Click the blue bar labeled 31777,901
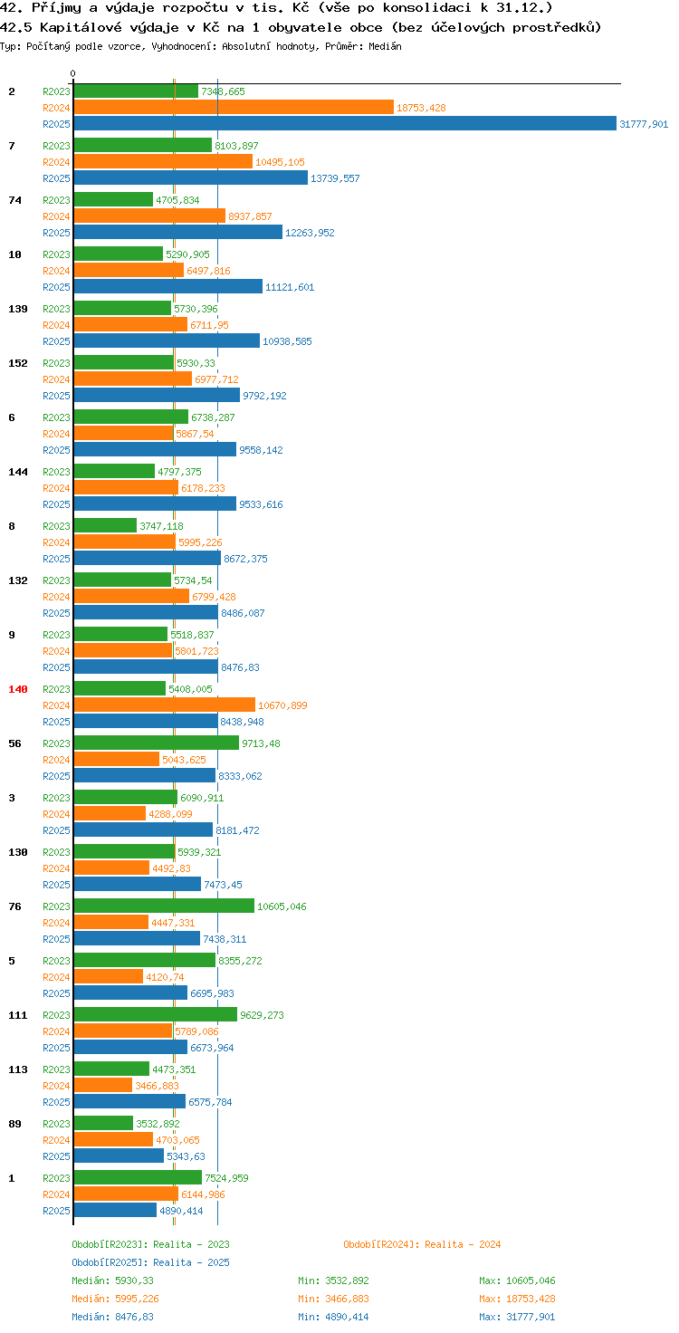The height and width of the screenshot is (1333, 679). coord(345,124)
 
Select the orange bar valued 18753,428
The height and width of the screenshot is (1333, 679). coord(234,107)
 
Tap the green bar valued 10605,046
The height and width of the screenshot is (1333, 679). coord(164,906)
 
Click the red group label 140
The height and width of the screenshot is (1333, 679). coord(18,689)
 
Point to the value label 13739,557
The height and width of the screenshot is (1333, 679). coord(335,178)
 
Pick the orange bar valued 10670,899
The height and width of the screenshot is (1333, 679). coord(164,705)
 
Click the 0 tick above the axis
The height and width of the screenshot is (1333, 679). coord(72,73)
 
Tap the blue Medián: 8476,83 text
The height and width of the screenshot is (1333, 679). coord(112,1317)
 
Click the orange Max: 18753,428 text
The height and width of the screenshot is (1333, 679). coord(517,1299)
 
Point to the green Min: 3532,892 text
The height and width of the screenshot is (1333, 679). coord(333,1280)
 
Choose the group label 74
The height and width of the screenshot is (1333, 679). coord(14,200)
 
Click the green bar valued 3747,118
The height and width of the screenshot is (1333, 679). coord(105,525)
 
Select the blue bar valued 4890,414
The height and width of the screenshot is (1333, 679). coord(116,1210)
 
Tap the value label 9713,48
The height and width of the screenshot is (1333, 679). coord(261,743)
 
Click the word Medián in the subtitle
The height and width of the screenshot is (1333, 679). coord(385,46)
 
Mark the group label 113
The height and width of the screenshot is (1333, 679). coord(18,1069)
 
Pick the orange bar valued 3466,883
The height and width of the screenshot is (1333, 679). coord(103,1085)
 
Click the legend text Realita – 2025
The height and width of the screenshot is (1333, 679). coord(191,1262)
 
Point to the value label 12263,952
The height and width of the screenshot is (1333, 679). coord(310,233)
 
